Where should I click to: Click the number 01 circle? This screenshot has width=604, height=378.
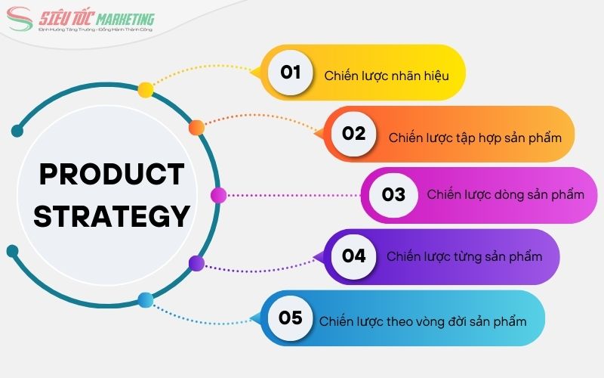coord(291,73)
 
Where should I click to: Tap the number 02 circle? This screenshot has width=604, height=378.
coord(353,134)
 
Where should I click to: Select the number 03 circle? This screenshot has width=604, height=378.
coord(393,195)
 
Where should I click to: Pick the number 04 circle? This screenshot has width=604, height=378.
coord(353,256)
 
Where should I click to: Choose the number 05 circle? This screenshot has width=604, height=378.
coord(291,318)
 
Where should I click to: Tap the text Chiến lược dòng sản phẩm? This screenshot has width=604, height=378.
coord(505,195)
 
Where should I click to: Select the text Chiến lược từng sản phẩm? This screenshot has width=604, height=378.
coord(464,256)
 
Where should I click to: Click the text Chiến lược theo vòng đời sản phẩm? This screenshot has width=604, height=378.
coord(422,321)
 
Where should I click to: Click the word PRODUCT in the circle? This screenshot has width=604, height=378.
coord(111,175)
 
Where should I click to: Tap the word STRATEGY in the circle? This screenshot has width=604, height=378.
coord(111,216)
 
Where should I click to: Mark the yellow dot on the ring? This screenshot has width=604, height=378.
coord(146,90)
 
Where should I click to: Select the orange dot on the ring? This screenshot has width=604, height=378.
coord(196,126)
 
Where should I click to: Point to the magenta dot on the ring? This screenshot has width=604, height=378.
coord(218,196)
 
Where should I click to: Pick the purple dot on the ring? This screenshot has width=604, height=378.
coord(196,263)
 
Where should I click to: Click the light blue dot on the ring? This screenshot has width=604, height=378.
coord(146,300)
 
